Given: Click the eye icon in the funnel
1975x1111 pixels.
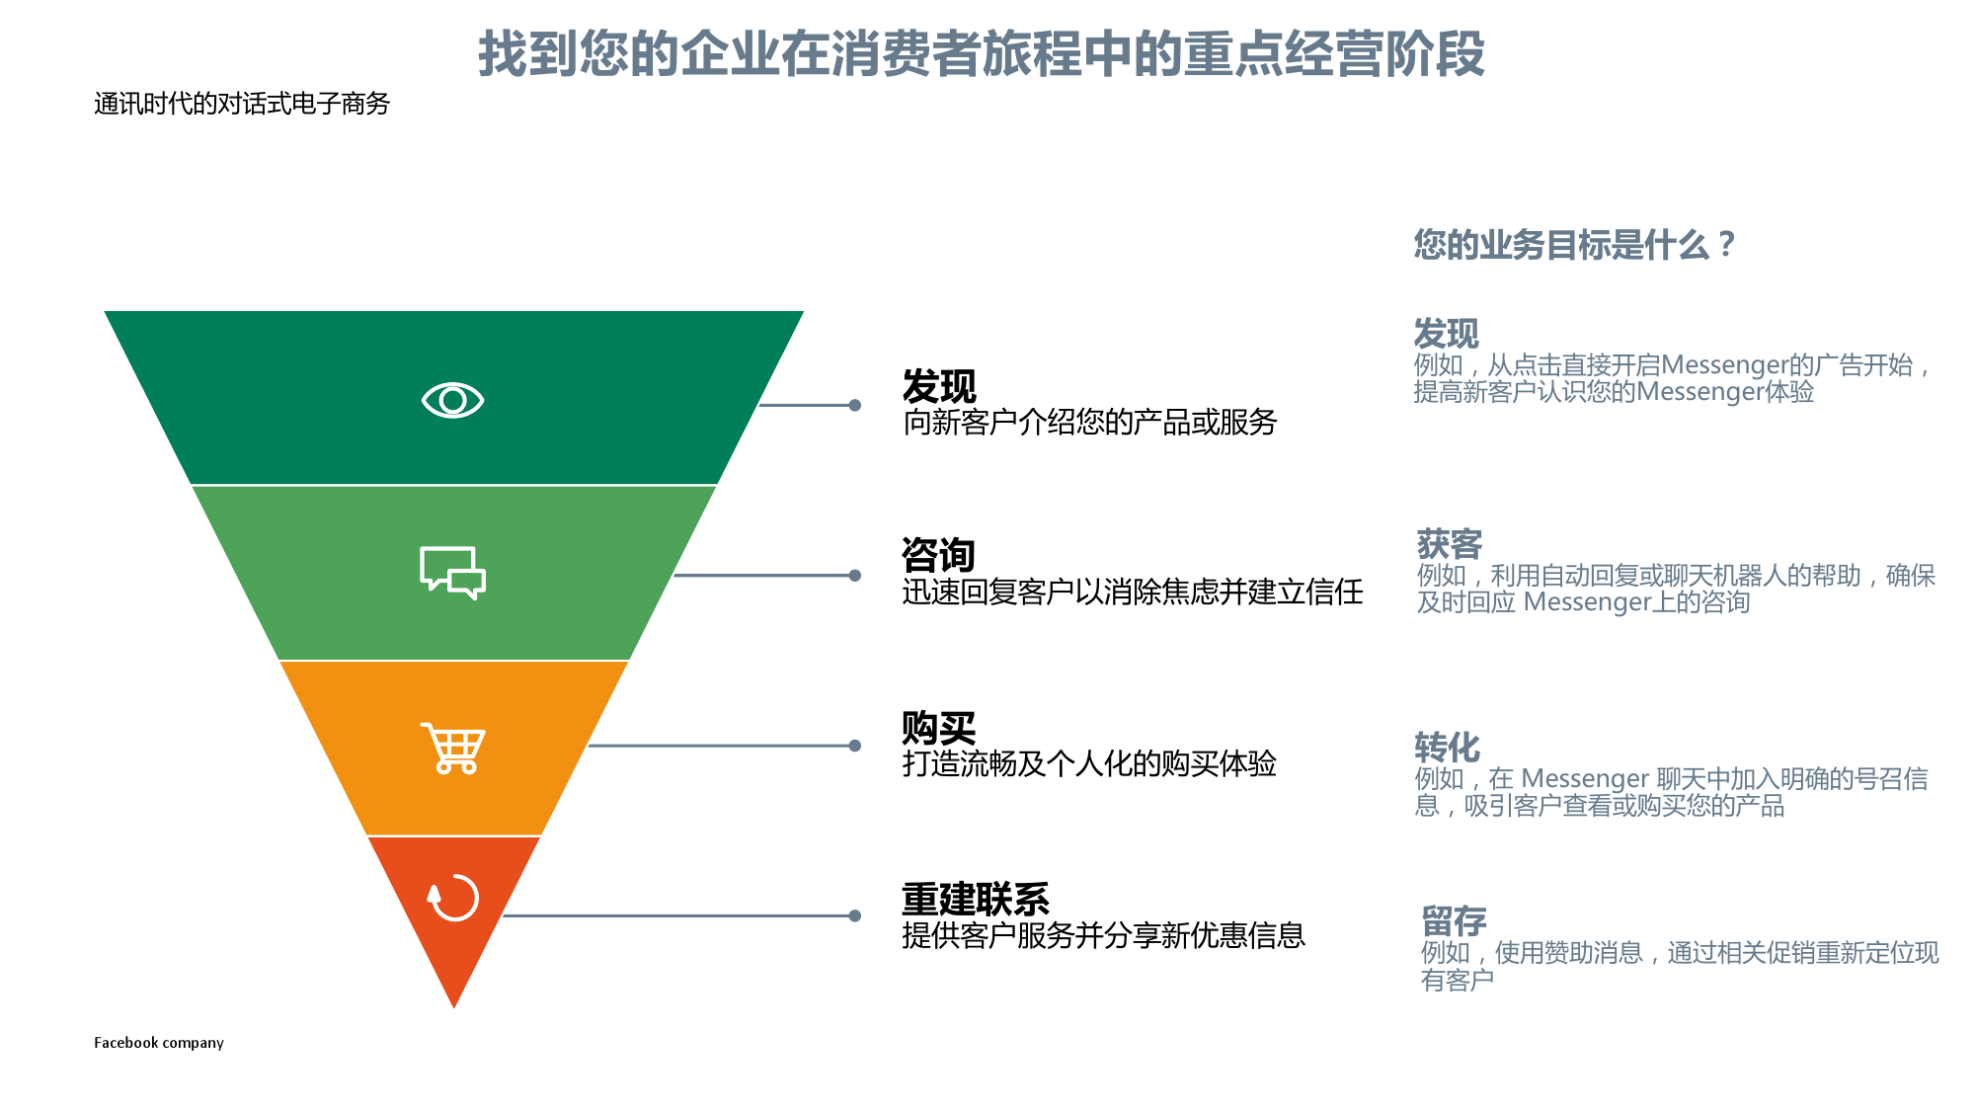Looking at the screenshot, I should tap(452, 400).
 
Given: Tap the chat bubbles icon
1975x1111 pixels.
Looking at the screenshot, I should tap(452, 573).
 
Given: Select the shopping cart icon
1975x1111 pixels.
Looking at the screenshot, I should tap(453, 748).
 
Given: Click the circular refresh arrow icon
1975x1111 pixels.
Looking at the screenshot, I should tap(453, 898).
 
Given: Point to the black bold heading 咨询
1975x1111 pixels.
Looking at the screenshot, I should tap(938, 555).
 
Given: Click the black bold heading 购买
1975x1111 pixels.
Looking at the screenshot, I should tap(938, 729).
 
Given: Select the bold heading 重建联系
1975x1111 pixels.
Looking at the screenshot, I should tap(975, 900).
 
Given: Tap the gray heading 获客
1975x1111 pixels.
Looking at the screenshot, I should tap(1450, 544).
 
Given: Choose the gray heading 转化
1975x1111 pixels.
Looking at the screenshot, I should tap(1447, 748).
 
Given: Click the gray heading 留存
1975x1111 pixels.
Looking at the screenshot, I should tap(1454, 921).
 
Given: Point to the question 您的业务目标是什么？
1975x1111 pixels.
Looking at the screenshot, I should tap(1574, 244).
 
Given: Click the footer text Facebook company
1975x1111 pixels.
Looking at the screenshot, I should tap(159, 1043).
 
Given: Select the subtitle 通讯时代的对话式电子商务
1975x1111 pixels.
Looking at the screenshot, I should tap(242, 104).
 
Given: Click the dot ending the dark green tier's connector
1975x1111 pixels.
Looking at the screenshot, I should tap(855, 405).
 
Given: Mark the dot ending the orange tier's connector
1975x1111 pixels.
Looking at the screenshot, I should tap(855, 746).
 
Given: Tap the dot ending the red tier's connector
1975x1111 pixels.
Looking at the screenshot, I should tap(855, 915).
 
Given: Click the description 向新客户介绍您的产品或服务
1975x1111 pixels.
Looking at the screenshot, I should tap(1089, 423).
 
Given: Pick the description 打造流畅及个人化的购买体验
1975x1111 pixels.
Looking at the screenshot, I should tap(1089, 763).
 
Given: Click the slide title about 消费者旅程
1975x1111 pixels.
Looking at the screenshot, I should tap(982, 53).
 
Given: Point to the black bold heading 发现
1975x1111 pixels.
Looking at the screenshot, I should tap(938, 386).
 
